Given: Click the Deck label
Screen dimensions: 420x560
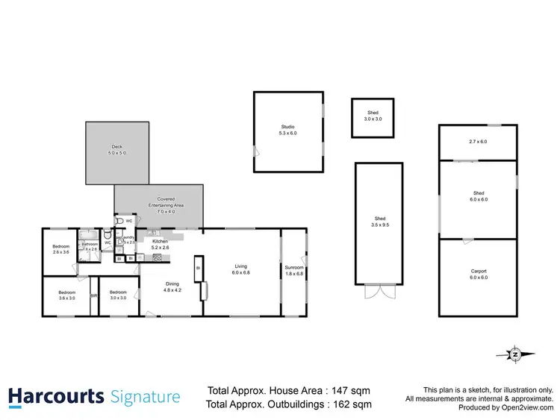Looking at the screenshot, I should [x=116, y=149].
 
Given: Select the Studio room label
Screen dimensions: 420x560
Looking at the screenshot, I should [x=287, y=129].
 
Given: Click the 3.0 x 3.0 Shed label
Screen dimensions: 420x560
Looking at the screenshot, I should [x=372, y=116].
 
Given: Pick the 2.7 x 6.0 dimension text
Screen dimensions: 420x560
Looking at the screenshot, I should [x=477, y=141].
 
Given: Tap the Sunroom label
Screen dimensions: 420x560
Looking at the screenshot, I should [x=293, y=269].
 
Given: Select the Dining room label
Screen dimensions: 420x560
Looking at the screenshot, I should [x=172, y=286].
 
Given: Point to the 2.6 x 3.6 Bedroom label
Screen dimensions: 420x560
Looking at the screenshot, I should [x=60, y=249].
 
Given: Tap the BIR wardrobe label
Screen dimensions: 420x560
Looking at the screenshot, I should [x=94, y=296].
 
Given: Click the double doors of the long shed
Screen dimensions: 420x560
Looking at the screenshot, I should [x=381, y=292].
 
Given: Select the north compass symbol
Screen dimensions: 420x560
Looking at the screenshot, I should [x=514, y=354].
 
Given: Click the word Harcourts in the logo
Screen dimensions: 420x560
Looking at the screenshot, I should [x=56, y=395].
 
